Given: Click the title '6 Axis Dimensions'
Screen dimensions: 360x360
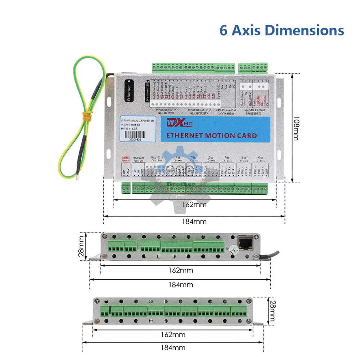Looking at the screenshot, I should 282,30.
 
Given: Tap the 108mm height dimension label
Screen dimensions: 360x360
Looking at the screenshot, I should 296,128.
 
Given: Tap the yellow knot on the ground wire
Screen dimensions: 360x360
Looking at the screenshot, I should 86,116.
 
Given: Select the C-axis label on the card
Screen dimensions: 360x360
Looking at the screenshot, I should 261,159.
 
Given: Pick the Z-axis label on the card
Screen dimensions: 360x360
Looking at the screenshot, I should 211,159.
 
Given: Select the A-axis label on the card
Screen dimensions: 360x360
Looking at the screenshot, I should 228,159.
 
